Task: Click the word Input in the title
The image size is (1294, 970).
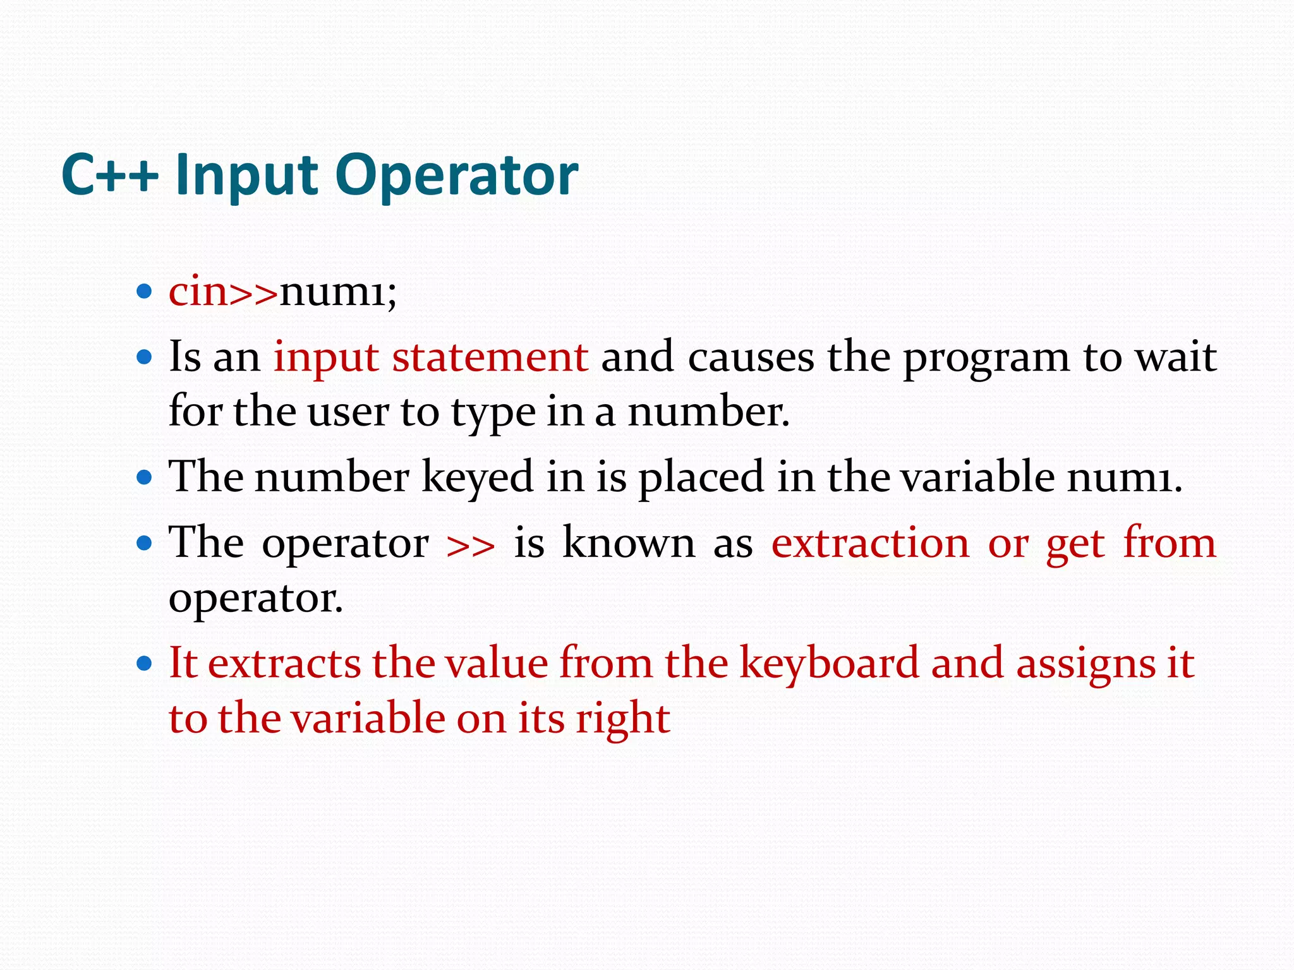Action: (x=246, y=176)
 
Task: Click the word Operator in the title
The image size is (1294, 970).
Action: (x=456, y=176)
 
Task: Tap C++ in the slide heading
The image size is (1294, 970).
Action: (x=109, y=176)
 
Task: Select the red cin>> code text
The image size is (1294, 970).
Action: (x=223, y=292)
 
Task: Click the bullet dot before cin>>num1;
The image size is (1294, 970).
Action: (x=145, y=292)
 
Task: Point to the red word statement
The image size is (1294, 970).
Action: (x=490, y=357)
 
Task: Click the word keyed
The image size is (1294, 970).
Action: (x=478, y=477)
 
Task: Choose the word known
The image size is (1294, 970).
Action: (x=629, y=542)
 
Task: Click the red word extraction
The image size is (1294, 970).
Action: (x=870, y=543)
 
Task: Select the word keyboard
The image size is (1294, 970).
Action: (x=829, y=664)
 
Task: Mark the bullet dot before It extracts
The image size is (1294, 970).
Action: (x=145, y=663)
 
